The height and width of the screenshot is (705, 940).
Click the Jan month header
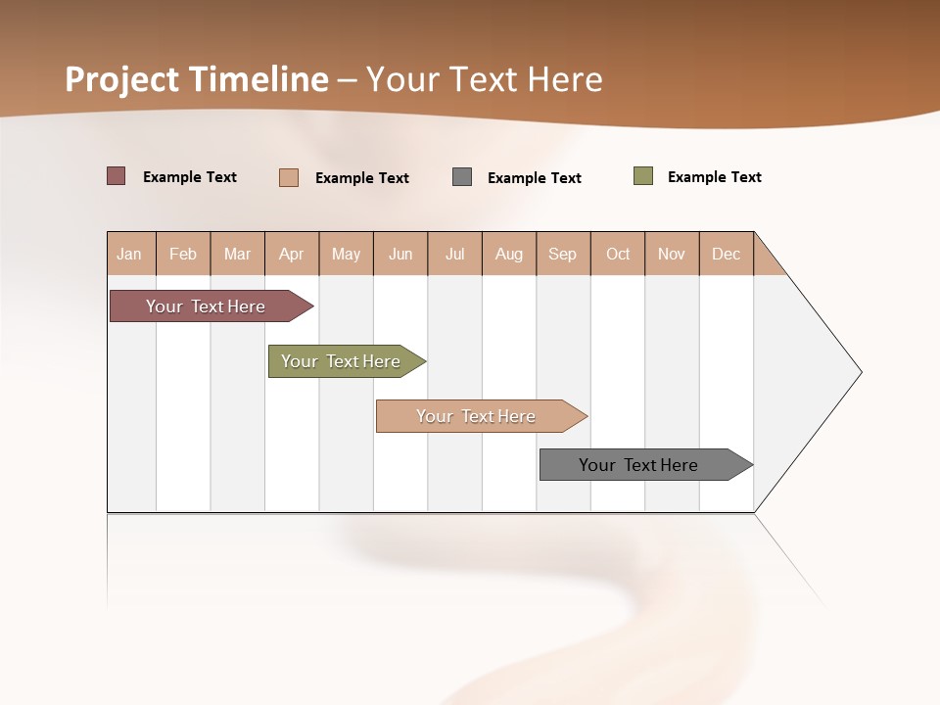click(x=130, y=254)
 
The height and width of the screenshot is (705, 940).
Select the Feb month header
click(x=183, y=254)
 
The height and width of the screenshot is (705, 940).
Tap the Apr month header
click(x=292, y=254)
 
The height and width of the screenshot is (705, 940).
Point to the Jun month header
click(x=400, y=254)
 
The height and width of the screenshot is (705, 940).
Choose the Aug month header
click(x=509, y=254)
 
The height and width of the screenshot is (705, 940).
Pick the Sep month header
click(x=563, y=254)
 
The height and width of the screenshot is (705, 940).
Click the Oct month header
click(x=618, y=254)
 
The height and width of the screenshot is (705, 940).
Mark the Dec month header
click(x=727, y=254)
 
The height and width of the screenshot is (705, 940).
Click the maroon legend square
click(x=117, y=176)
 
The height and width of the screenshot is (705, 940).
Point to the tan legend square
click(x=289, y=177)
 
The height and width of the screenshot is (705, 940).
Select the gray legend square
click(x=462, y=177)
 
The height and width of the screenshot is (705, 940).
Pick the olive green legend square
click(x=643, y=176)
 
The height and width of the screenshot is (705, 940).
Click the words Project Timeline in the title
click(x=197, y=79)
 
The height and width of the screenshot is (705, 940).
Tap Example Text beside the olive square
click(x=714, y=177)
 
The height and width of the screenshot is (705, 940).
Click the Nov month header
click(x=672, y=254)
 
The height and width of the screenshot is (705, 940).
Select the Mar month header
click(x=237, y=254)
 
